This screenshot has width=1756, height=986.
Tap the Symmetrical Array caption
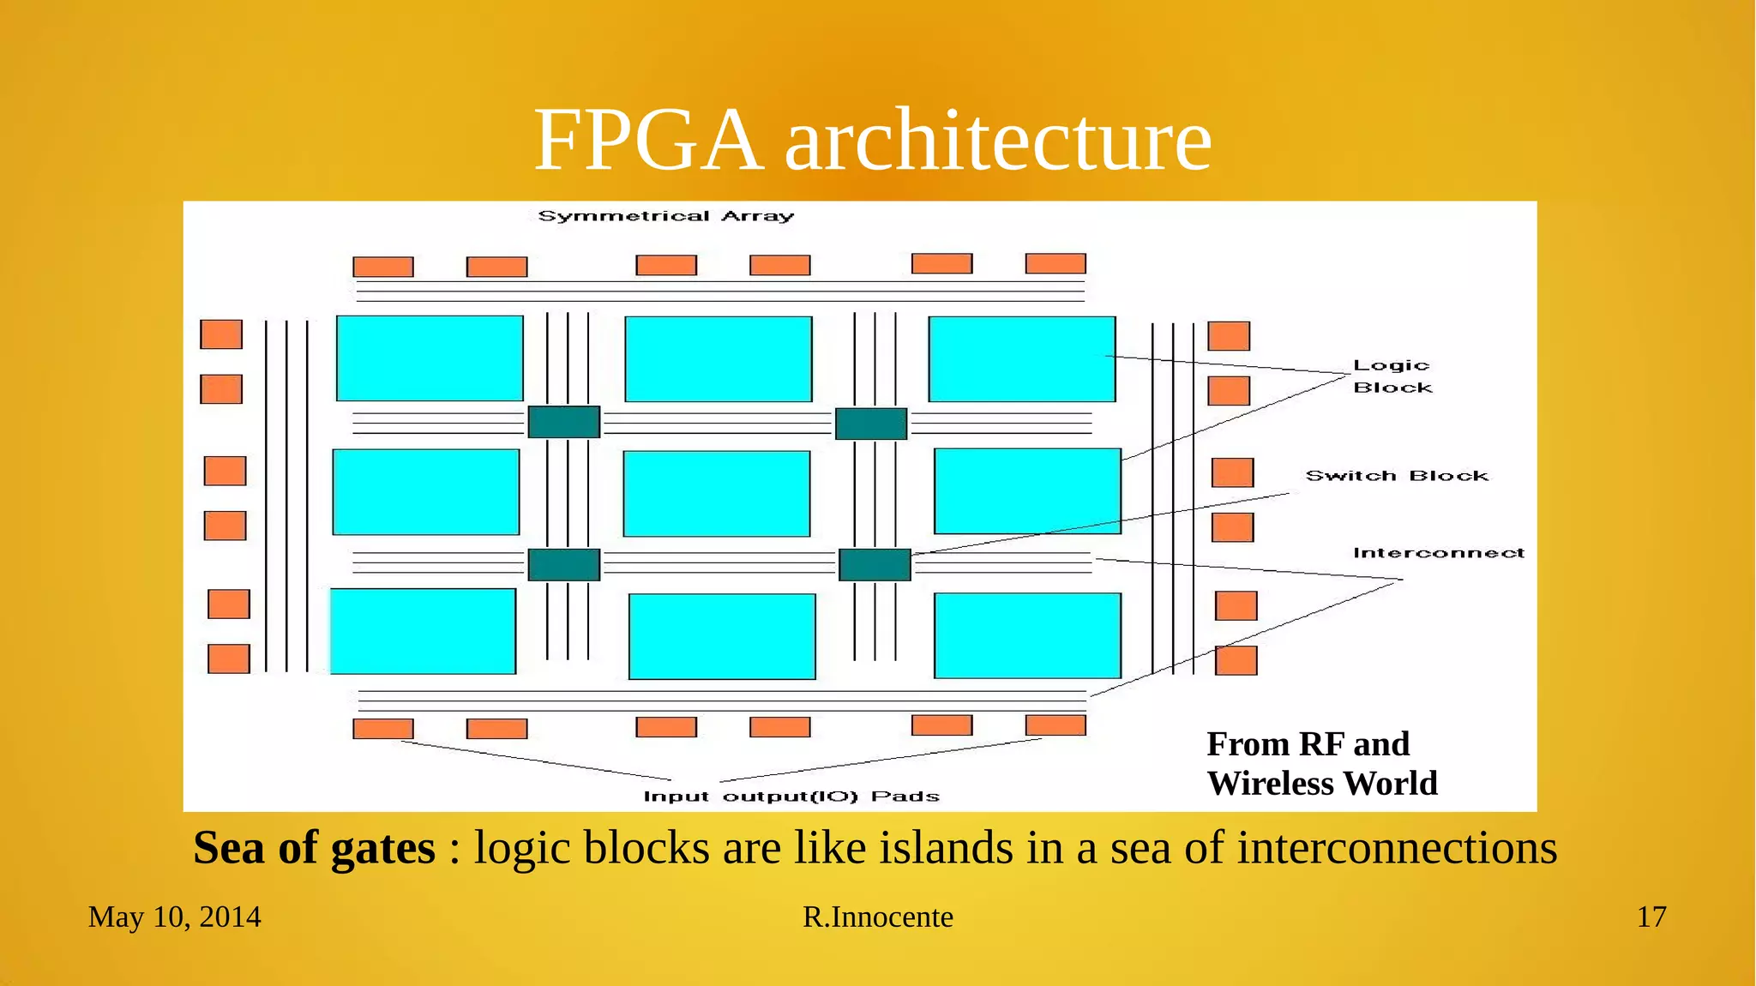point(665,216)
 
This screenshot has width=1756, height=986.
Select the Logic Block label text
point(1392,376)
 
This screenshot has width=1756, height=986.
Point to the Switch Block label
point(1397,476)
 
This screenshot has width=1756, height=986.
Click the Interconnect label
point(1438,553)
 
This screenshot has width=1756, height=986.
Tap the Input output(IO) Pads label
point(791,797)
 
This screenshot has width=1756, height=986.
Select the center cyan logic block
point(717,494)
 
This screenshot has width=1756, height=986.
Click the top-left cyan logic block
point(430,358)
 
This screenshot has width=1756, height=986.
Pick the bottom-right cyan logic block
point(1027,635)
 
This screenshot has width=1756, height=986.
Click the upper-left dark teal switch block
point(563,422)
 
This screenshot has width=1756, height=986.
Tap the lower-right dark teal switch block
point(874,565)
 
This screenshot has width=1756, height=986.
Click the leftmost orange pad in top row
point(383,267)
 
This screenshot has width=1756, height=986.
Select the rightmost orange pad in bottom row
point(1055,725)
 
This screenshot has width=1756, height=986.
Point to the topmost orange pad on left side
point(221,334)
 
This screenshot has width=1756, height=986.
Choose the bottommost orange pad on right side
point(1236,660)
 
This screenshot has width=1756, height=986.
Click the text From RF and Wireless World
point(1321,763)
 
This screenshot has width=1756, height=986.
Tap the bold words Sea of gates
point(314,848)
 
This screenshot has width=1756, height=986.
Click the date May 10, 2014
point(174,917)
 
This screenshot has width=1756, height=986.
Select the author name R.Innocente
point(877,917)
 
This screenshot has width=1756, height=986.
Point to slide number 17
point(1651,917)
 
